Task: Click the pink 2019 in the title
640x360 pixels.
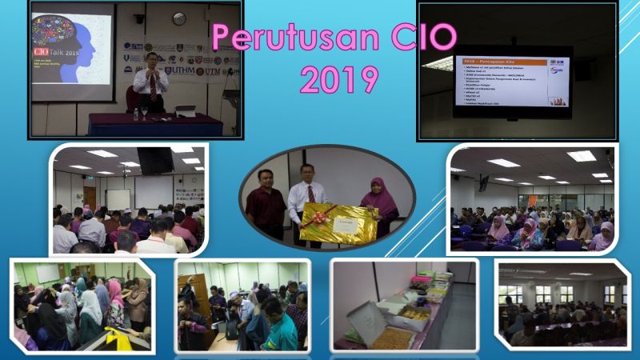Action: point(338,79)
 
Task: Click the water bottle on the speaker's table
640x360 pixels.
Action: point(135,114)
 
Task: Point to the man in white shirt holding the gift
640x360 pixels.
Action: point(306,196)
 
